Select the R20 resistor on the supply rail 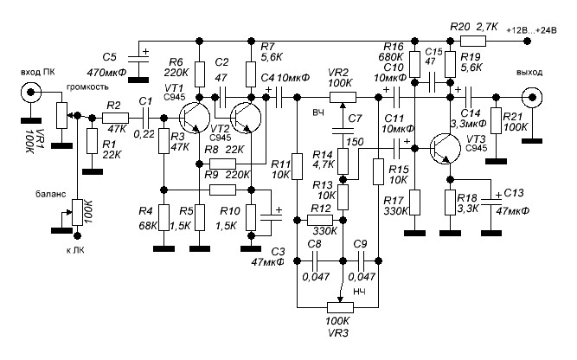point(472,40)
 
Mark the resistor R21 point(497,120)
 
